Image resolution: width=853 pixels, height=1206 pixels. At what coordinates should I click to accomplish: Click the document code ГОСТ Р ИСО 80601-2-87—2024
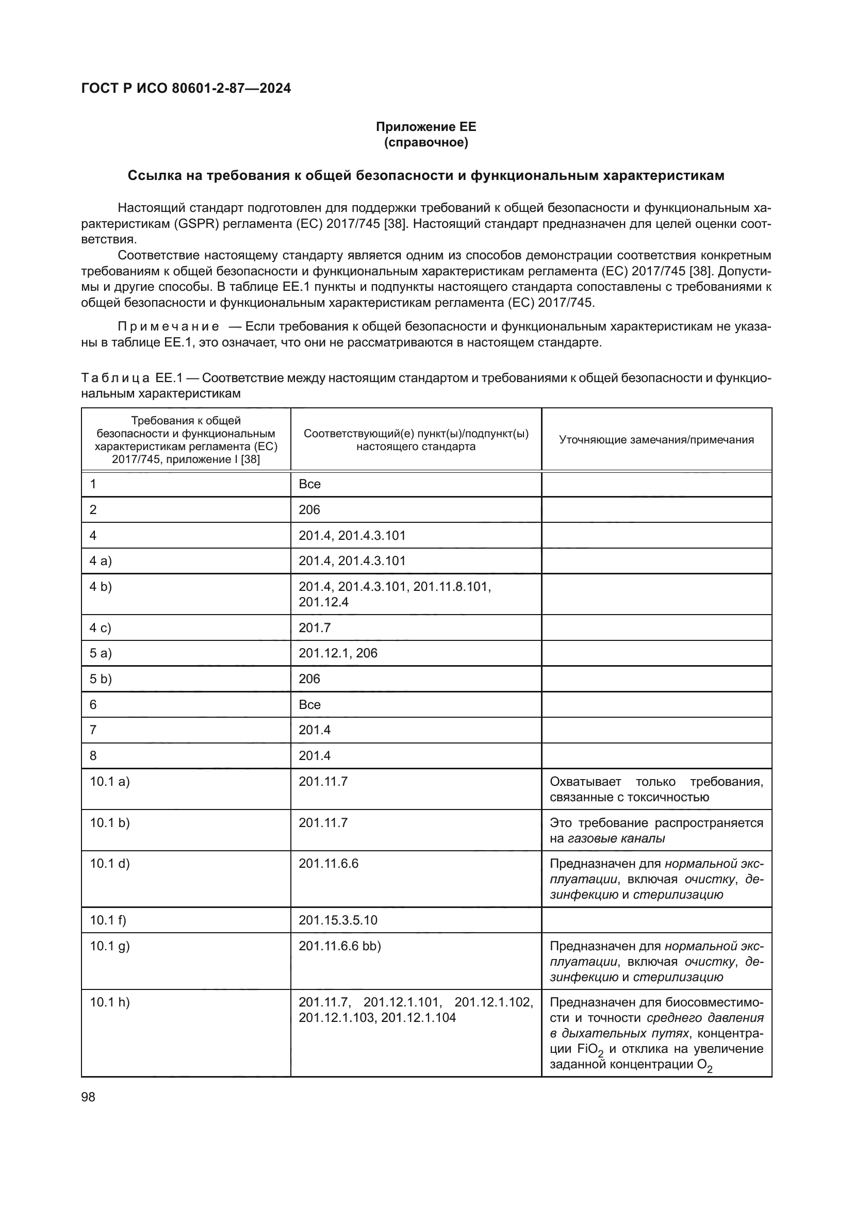tap(186, 88)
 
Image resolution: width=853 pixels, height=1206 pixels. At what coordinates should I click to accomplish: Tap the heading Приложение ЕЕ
tap(425, 127)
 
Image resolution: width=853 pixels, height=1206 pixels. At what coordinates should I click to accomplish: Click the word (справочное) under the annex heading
tap(425, 142)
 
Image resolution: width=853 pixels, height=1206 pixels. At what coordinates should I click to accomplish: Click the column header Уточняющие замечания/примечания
tap(656, 440)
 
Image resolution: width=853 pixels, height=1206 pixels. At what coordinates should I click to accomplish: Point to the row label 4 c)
tap(100, 627)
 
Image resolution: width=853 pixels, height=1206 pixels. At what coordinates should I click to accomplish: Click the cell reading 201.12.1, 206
tap(338, 653)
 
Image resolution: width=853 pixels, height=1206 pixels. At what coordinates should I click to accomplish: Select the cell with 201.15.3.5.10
tap(338, 920)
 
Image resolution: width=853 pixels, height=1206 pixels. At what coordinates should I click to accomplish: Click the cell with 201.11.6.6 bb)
tap(339, 946)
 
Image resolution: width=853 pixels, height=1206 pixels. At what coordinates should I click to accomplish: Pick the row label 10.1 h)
tap(109, 1002)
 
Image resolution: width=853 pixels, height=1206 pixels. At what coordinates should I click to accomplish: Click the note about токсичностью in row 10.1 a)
tap(656, 789)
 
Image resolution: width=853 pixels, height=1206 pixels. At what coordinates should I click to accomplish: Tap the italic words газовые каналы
tap(616, 838)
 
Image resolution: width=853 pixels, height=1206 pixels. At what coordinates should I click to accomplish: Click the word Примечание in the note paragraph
tap(168, 327)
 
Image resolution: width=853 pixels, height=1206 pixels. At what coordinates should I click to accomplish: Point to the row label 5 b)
tap(101, 679)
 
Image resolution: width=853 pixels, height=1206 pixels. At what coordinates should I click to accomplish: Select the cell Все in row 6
tap(309, 704)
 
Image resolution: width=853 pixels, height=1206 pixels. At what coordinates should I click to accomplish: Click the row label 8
tap(93, 755)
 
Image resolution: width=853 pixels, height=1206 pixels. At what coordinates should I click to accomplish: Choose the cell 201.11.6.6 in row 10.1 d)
tap(329, 864)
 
